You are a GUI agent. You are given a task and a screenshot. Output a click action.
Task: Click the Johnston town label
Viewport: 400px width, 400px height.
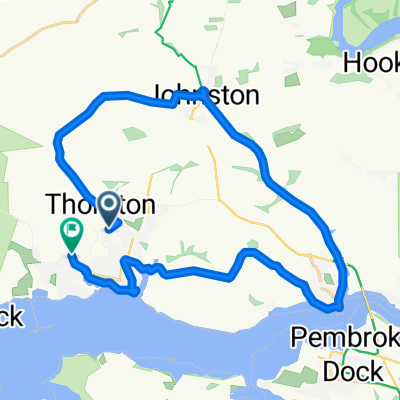point(206,96)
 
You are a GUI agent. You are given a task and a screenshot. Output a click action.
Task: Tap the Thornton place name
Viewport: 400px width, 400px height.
point(100,205)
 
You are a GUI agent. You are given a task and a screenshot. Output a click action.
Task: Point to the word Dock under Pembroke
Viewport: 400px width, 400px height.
point(353,371)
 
